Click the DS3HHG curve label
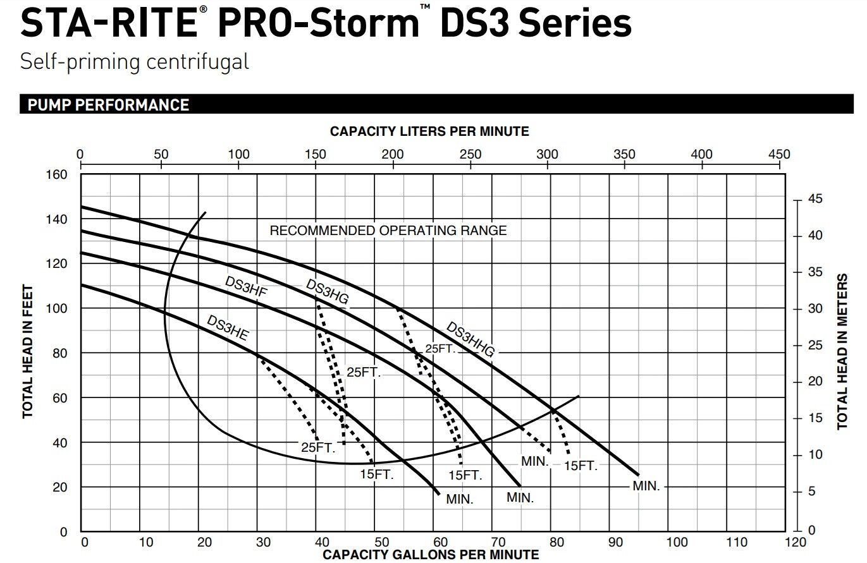click(470, 340)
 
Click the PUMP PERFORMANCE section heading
click(108, 105)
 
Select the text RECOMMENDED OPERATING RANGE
click(388, 231)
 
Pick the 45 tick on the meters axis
click(815, 200)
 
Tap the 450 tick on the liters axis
click(779, 155)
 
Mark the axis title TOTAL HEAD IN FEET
click(28, 352)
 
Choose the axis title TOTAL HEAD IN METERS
click(842, 352)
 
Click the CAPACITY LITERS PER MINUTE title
click(429, 131)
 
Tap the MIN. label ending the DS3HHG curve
click(646, 487)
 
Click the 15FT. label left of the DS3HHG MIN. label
click(581, 466)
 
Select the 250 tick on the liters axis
click(469, 155)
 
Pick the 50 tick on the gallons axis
click(381, 542)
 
